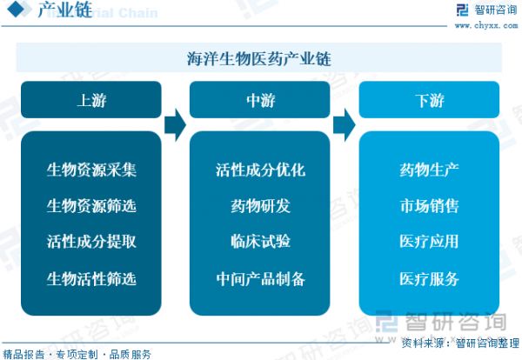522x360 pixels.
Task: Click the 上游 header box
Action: click(90, 99)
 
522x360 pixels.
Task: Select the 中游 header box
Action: click(259, 99)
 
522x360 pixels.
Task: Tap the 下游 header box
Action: click(429, 99)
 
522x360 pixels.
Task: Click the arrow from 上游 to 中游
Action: click(175, 124)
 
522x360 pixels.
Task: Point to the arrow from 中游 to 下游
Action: click(345, 124)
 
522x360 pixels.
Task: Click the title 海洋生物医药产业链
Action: click(259, 59)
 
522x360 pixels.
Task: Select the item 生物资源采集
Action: click(91, 170)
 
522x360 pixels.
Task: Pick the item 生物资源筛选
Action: click(91, 205)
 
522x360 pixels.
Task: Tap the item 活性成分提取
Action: click(91, 242)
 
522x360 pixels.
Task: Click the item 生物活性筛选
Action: click(91, 279)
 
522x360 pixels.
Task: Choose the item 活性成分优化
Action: click(260, 170)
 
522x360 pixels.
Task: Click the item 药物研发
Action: click(260, 205)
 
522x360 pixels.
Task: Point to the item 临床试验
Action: click(260, 242)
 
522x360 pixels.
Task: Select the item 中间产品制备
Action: click(260, 279)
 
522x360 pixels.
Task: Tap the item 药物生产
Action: click(429, 170)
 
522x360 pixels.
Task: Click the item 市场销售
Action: click(429, 205)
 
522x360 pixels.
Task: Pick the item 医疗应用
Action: click(429, 242)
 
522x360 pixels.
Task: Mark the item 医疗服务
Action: click(429, 279)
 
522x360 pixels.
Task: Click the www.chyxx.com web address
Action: click(486, 25)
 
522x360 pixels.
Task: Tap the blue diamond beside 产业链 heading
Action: click(16, 9)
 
